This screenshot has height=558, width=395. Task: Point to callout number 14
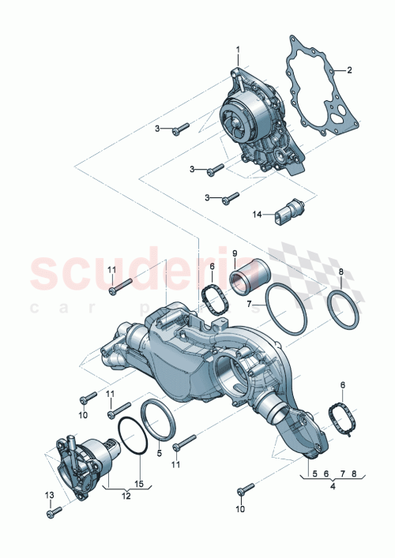pos(256,214)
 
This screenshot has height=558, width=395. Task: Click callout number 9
pos(235,253)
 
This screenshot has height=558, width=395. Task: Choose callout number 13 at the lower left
pos(50,495)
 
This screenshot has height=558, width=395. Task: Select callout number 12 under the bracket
pos(125,495)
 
